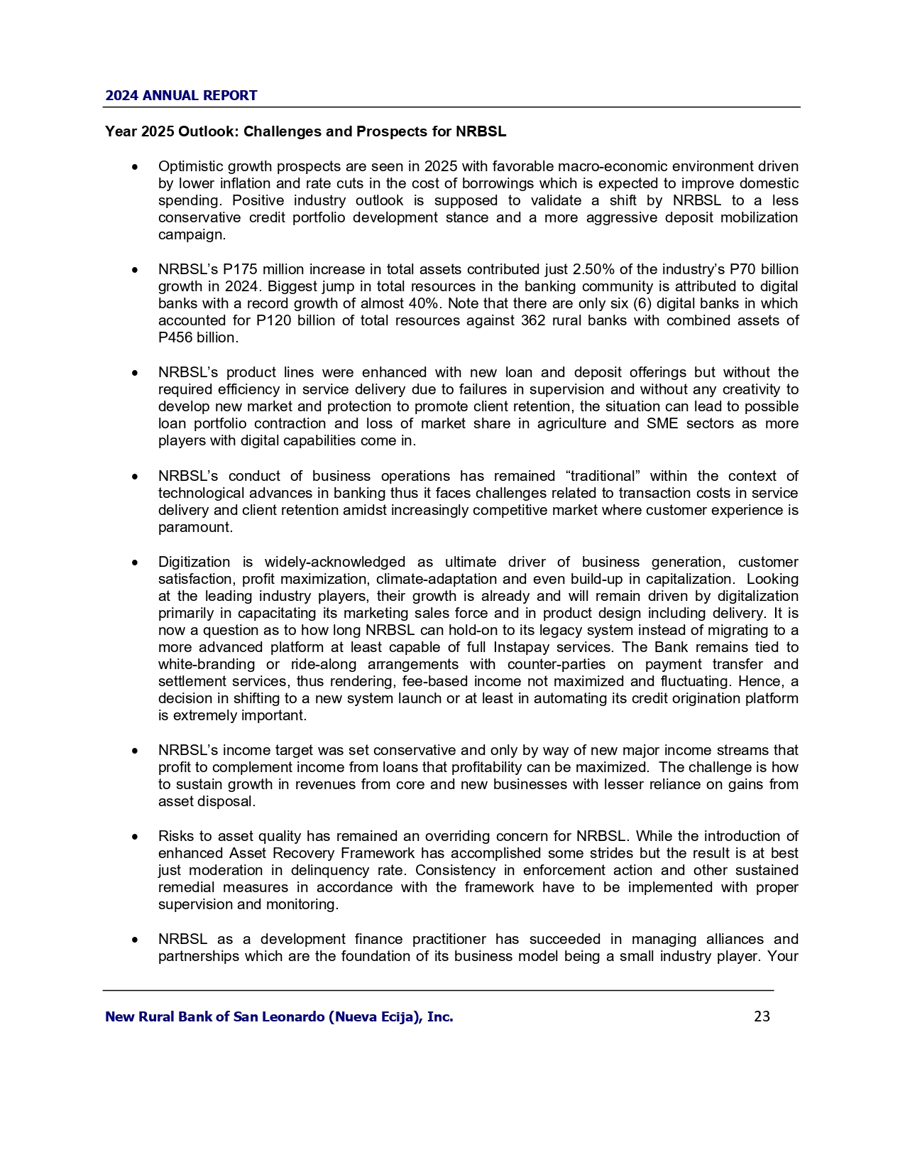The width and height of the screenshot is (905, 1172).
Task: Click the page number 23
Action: pyautogui.click(x=762, y=1016)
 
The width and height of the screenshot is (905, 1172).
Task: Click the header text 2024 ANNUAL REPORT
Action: pyautogui.click(x=181, y=95)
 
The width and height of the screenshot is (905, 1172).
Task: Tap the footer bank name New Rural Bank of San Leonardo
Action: pyautogui.click(x=279, y=1016)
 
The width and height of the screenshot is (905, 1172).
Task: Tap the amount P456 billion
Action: pyautogui.click(x=197, y=337)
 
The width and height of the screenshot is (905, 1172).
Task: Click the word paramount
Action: pyautogui.click(x=194, y=527)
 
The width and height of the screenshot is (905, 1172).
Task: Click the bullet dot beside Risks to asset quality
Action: pyautogui.click(x=135, y=837)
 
